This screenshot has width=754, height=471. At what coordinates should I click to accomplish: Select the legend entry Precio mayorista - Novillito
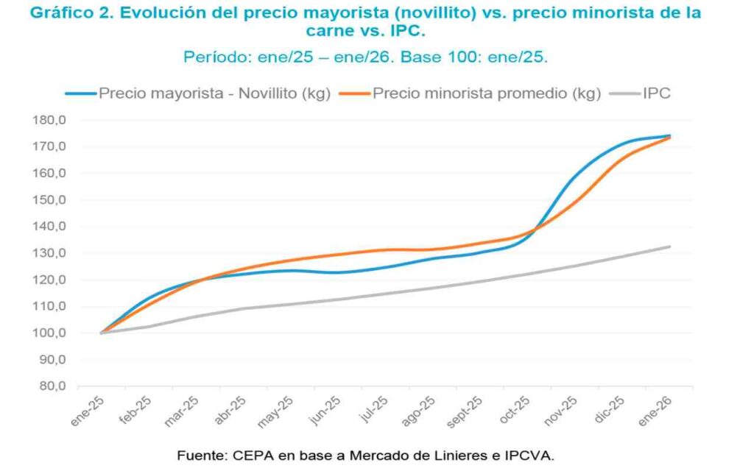coord(214,93)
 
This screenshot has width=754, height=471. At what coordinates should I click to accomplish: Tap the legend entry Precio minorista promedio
coord(487,93)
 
